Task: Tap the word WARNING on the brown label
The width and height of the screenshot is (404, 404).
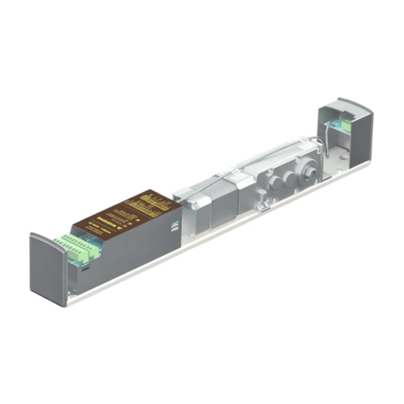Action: pos(103,220)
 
